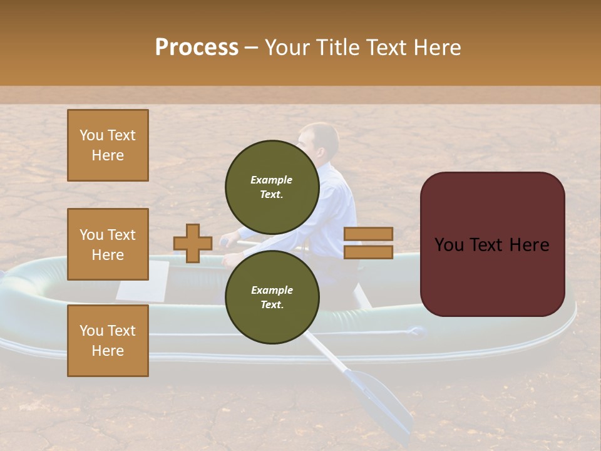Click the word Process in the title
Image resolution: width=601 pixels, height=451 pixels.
point(197,48)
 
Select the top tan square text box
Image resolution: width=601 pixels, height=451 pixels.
point(108,145)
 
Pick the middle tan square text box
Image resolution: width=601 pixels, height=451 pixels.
point(108,244)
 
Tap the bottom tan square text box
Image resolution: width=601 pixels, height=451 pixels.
point(108,340)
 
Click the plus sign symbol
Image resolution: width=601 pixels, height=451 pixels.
point(193,243)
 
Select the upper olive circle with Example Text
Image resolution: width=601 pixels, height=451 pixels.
point(272,187)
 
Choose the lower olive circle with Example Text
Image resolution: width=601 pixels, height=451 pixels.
point(272,297)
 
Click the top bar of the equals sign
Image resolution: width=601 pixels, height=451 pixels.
point(368,234)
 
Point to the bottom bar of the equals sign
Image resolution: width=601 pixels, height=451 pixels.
point(368,252)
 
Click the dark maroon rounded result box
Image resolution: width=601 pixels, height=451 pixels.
point(492,244)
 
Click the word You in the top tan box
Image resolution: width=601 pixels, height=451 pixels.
point(91,135)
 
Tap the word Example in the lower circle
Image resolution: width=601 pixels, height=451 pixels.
point(272,290)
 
